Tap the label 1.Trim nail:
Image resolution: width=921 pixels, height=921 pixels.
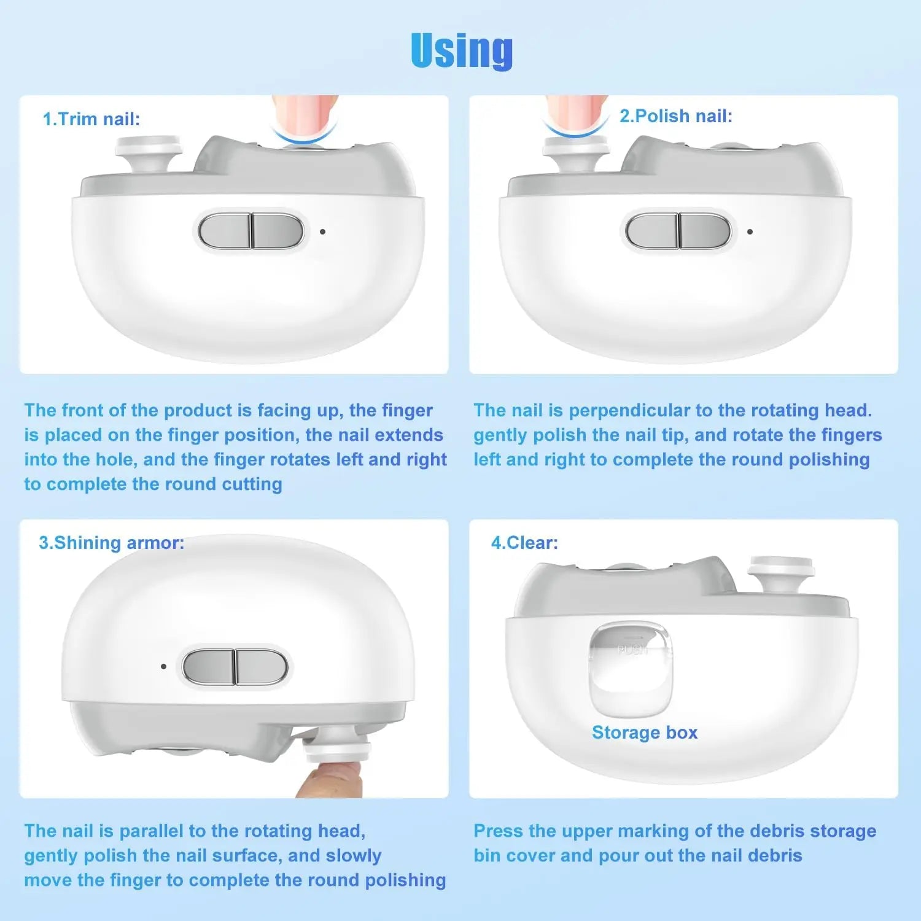click(91, 119)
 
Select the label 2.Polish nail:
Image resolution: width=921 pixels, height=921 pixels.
click(675, 116)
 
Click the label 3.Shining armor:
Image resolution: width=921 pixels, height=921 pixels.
click(111, 543)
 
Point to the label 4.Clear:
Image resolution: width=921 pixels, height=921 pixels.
click(524, 543)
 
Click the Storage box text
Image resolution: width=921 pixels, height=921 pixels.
click(645, 733)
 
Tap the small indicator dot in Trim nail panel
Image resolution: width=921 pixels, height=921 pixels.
click(322, 232)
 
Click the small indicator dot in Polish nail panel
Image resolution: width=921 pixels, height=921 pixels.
click(750, 232)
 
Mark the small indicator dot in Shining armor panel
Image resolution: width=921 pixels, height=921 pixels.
click(163, 666)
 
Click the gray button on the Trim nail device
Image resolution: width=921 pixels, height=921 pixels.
click(251, 231)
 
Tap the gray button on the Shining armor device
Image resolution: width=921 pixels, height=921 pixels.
click(235, 666)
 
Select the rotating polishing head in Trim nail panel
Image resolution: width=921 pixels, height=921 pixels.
click(149, 150)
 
